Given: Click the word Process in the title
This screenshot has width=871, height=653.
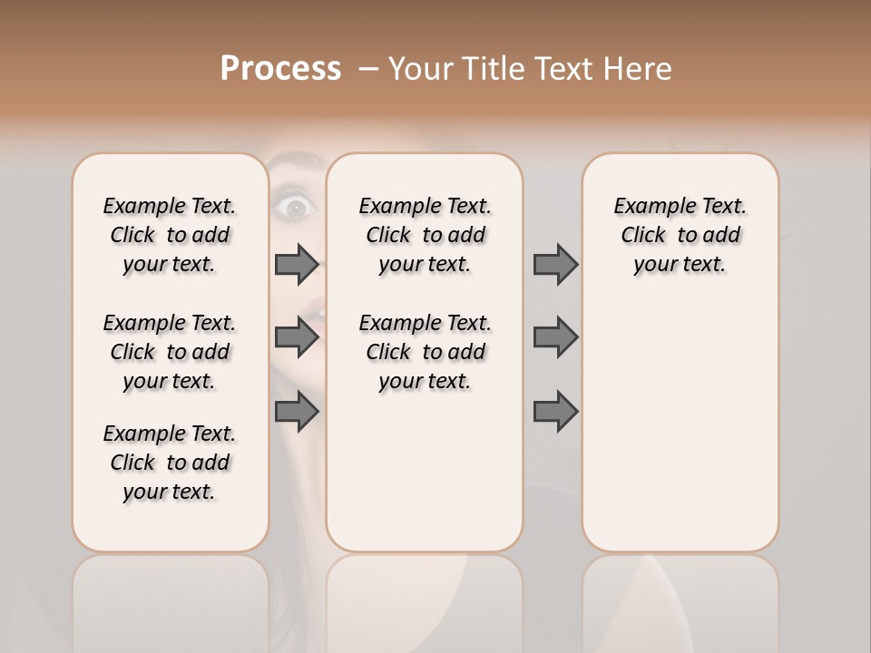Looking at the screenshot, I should pyautogui.click(x=280, y=68).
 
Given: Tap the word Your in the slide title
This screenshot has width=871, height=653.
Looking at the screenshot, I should pyautogui.click(x=421, y=68).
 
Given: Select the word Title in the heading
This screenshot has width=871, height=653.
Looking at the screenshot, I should pyautogui.click(x=495, y=68).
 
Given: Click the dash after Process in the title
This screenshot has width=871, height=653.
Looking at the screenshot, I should pyautogui.click(x=367, y=70).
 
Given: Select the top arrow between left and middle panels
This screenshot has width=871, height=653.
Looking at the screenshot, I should pyautogui.click(x=297, y=264).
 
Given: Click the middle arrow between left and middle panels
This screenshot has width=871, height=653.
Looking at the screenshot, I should pyautogui.click(x=297, y=337).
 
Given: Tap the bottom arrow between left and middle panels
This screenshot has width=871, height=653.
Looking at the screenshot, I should pyautogui.click(x=297, y=412).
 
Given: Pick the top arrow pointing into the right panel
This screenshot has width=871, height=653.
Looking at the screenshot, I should pyautogui.click(x=555, y=264).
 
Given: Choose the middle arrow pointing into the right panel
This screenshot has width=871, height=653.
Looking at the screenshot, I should pyautogui.click(x=555, y=337).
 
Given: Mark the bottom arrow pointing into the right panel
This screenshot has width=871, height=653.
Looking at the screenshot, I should pyautogui.click(x=555, y=412).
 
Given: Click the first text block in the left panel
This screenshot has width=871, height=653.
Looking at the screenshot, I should pyautogui.click(x=170, y=235).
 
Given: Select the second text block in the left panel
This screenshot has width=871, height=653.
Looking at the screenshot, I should pyautogui.click(x=170, y=352).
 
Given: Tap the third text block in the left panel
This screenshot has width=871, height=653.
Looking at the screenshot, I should pyautogui.click(x=170, y=463).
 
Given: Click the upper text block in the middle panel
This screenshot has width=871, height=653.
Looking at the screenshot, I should pyautogui.click(x=425, y=235).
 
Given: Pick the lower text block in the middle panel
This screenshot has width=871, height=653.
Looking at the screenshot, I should pyautogui.click(x=425, y=352).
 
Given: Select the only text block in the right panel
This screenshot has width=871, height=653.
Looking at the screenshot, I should pyautogui.click(x=680, y=235).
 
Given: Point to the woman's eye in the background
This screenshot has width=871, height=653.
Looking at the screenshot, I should pyautogui.click(x=296, y=208).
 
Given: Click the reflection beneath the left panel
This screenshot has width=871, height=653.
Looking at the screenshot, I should pyautogui.click(x=171, y=599).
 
